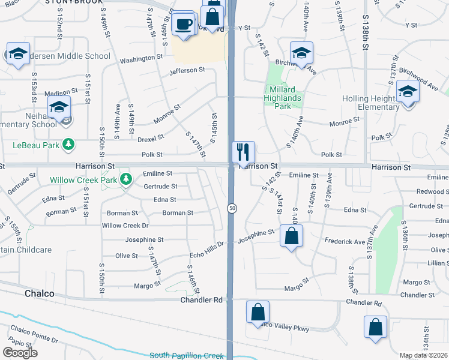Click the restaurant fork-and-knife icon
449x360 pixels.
pos(243,152)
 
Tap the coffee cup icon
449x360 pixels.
pos(183,24)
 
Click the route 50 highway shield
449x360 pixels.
pos(231,208)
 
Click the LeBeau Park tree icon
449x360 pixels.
pos(69,145)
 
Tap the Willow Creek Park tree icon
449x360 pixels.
pos(126,179)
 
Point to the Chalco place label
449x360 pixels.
pos(40,294)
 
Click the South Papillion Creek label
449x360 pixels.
pos(186,355)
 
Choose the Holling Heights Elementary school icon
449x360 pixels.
pos(408,92)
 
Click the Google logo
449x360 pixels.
pos(20,353)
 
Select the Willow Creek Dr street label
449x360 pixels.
pos(125,226)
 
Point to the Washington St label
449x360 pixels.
pos(142,59)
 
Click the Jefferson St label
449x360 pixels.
pos(187,70)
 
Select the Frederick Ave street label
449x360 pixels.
pos(345,242)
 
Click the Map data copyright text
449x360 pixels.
pos(423,355)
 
